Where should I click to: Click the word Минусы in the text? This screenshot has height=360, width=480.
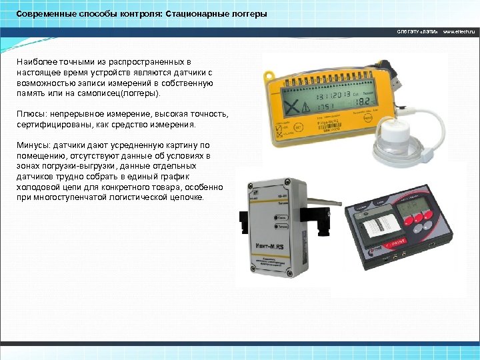coord(33,145)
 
